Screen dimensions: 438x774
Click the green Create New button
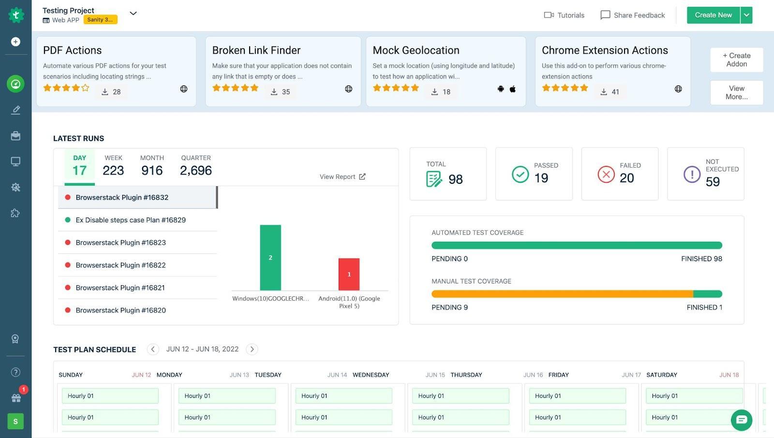tap(713, 15)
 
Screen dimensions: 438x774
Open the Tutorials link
tap(564, 15)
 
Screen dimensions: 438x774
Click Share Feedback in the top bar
tap(633, 15)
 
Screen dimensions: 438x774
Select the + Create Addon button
tap(736, 59)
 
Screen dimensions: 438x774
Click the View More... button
tap(736, 92)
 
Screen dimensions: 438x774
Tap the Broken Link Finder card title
tap(256, 50)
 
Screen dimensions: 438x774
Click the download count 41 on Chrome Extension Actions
tap(610, 92)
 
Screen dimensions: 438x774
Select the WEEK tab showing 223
tap(113, 166)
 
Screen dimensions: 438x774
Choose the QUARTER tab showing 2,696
tap(195, 166)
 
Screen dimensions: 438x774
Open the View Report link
tap(342, 176)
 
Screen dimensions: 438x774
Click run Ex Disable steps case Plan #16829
tap(131, 220)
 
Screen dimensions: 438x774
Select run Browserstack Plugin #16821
tap(120, 288)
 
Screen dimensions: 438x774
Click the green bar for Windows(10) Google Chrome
tap(270, 257)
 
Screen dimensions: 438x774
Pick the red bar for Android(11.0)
tap(349, 274)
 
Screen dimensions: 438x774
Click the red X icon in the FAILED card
tap(606, 174)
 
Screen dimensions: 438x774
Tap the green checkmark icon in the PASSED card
tap(520, 174)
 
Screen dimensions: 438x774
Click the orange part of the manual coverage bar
tap(561, 294)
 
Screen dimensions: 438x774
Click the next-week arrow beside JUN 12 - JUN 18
tap(252, 349)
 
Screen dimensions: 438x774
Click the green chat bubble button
tap(741, 420)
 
